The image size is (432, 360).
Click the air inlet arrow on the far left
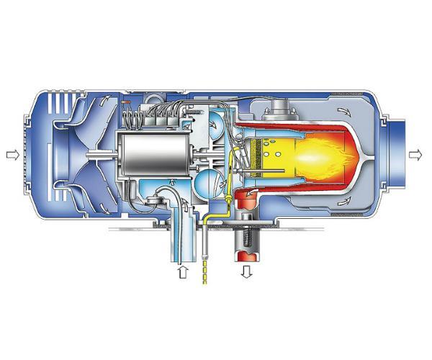[x=10, y=154]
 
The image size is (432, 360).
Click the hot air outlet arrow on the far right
[x=416, y=154]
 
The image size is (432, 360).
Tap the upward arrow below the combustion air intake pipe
[x=182, y=274]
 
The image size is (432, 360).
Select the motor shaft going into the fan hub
[x=101, y=156]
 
